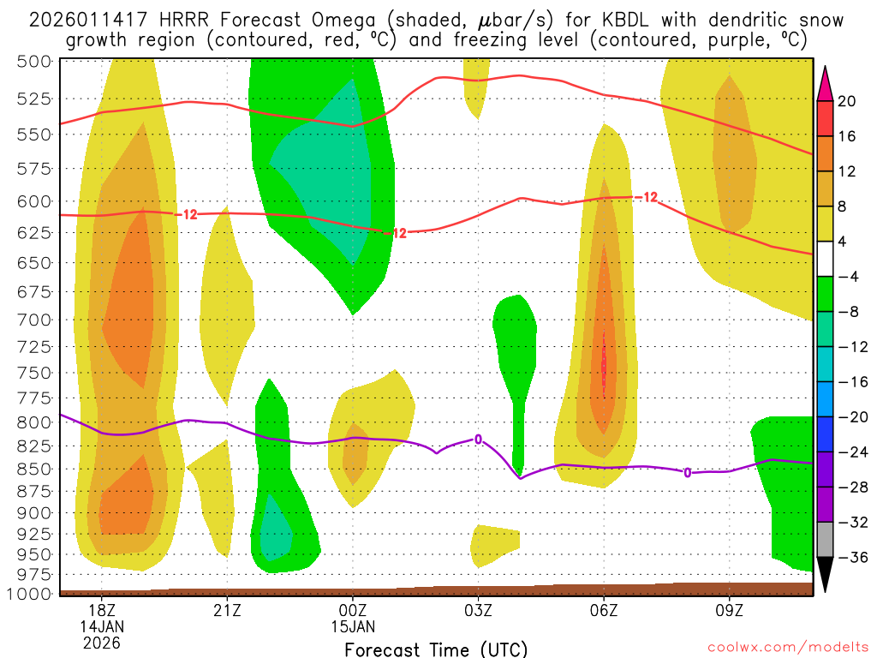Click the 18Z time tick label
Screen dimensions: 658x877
tap(102, 610)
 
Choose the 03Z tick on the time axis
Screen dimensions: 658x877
tap(479, 610)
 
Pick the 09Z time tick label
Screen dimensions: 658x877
tap(730, 610)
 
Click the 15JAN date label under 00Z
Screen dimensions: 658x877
tap(353, 626)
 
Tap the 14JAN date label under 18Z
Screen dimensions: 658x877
tap(102, 626)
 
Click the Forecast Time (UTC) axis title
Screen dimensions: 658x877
tap(436, 649)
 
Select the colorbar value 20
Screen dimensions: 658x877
tap(847, 101)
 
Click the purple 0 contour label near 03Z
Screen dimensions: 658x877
tap(478, 440)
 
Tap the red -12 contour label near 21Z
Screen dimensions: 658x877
tap(188, 214)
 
